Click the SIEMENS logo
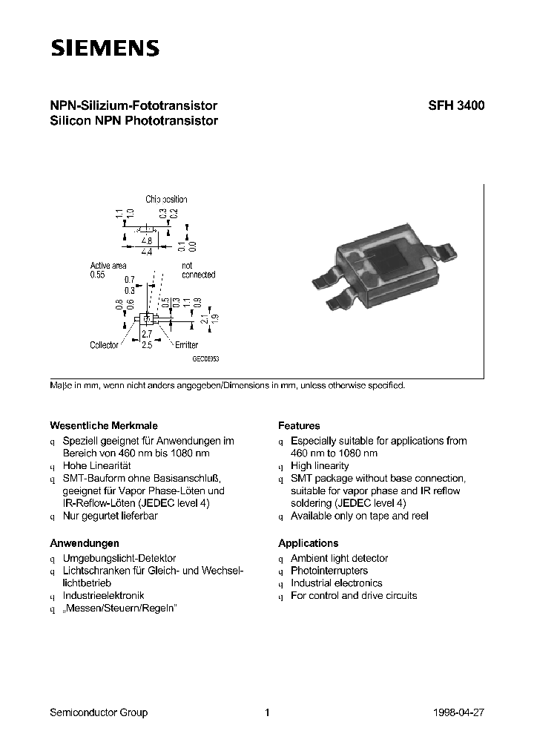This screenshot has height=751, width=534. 105,48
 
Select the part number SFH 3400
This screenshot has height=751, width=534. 456,106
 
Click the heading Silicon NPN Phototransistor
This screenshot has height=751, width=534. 133,121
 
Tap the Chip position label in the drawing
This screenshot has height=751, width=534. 166,200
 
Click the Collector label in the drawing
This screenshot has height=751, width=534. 104,346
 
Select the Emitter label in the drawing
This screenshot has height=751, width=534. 186,346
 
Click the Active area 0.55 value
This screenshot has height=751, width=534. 98,275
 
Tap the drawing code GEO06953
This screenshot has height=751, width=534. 205,358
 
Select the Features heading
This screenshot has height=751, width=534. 299,426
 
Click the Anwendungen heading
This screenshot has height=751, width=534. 84,543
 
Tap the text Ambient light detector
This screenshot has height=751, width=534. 339,558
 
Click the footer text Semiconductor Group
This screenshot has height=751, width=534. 99,712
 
